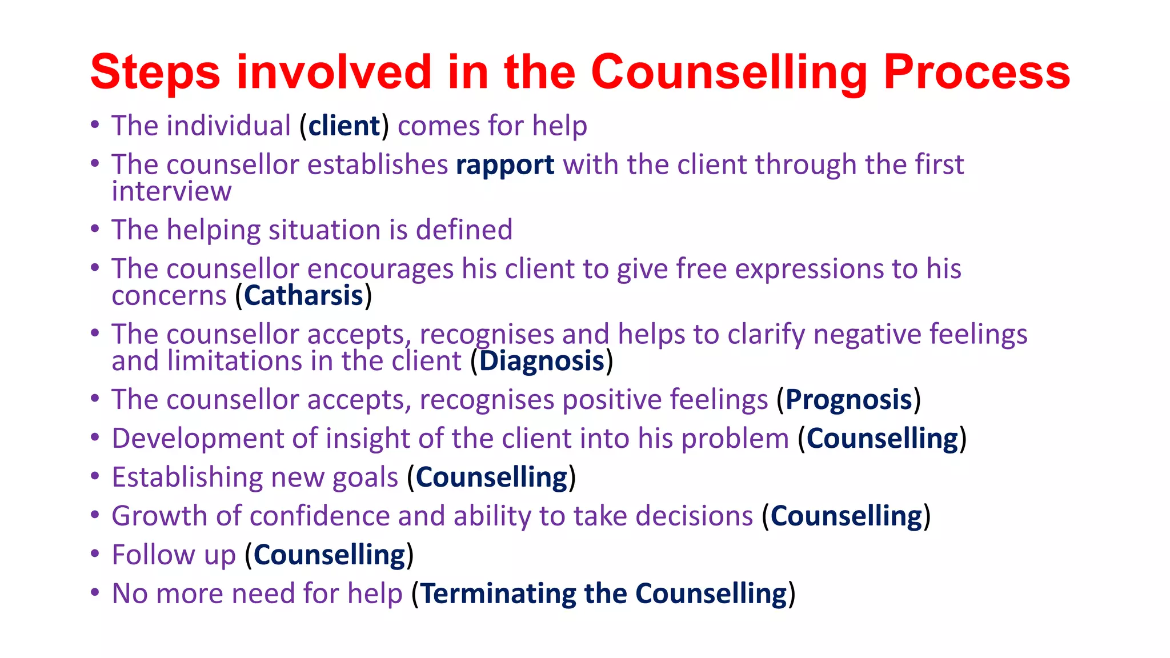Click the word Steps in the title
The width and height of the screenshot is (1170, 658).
155,73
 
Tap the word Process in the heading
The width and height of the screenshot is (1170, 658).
976,73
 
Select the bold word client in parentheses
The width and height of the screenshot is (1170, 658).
344,126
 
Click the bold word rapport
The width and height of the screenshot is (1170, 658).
505,165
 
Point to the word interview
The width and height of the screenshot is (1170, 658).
171,191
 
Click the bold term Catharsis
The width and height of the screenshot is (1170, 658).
303,296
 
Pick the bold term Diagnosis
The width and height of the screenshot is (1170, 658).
542,361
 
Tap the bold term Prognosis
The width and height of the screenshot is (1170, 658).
848,400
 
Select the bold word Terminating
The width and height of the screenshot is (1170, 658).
498,593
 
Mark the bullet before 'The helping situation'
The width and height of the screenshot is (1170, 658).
95,229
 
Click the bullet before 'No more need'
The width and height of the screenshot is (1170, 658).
95,592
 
